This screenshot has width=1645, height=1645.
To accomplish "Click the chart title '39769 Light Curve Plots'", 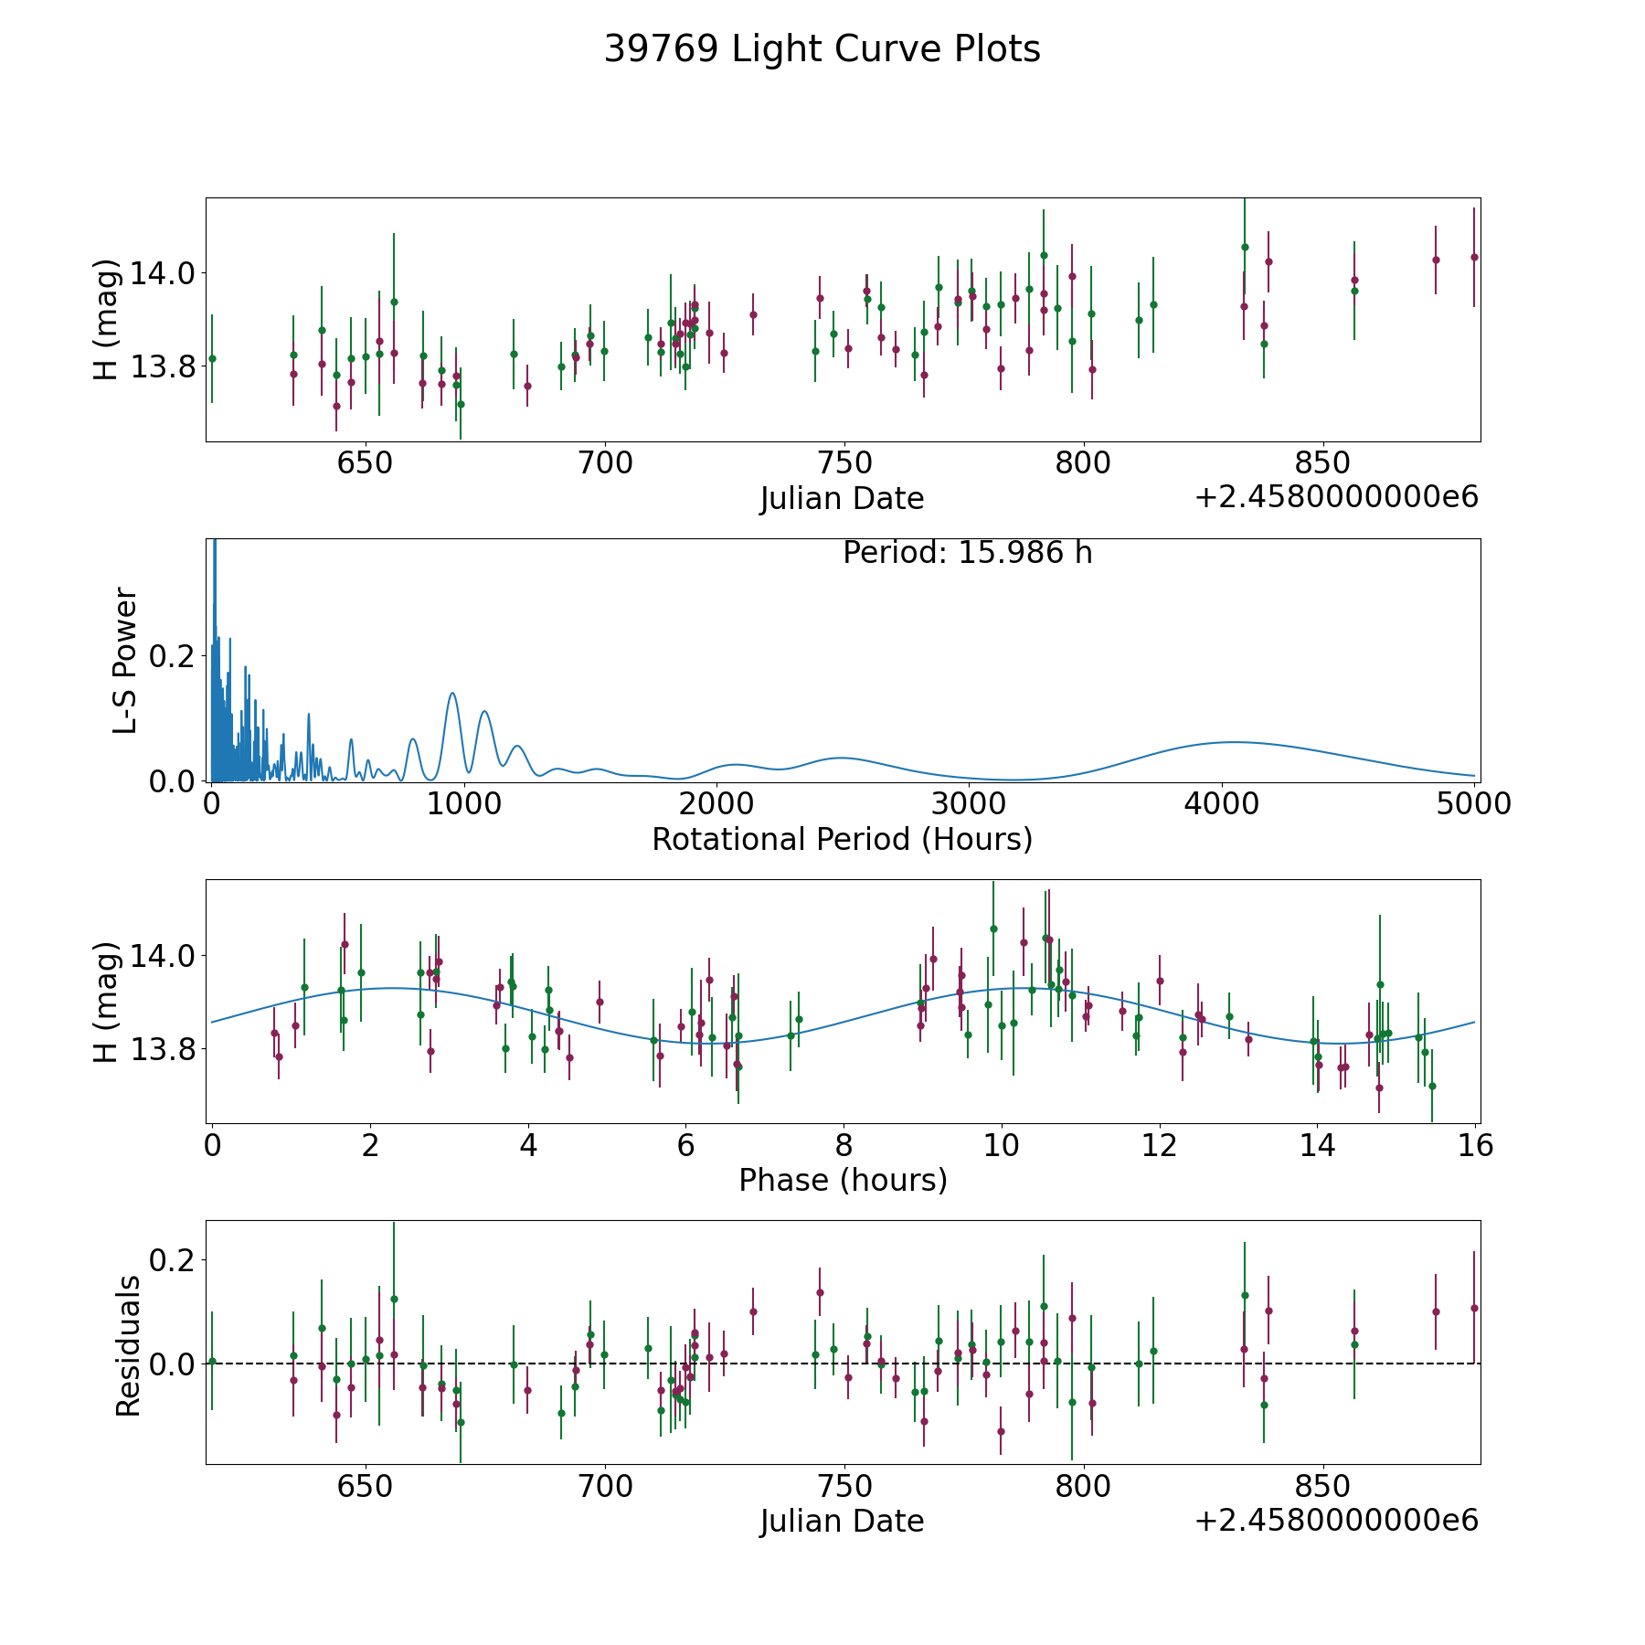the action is (x=822, y=49).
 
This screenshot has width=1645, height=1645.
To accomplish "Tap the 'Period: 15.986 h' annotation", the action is (x=967, y=553).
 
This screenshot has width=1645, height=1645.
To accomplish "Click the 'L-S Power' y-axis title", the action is (x=125, y=661).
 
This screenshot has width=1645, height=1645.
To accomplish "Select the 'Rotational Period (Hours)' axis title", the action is (x=842, y=839).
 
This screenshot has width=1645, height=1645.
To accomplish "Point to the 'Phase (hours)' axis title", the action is (x=843, y=1180).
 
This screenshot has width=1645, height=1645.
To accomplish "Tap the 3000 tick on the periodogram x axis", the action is (x=969, y=804).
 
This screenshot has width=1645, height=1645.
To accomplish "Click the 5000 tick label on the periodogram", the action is (x=1473, y=804).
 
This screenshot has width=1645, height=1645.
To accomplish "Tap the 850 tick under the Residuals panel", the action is (x=1322, y=1487).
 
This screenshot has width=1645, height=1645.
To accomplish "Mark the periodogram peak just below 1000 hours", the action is (x=451, y=694).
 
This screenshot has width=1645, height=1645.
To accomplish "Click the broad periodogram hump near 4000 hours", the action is (x=1234, y=742).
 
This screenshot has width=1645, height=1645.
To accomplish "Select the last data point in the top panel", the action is (x=1473, y=257).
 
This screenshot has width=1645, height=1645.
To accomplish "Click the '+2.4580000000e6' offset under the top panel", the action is (x=1336, y=498).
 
